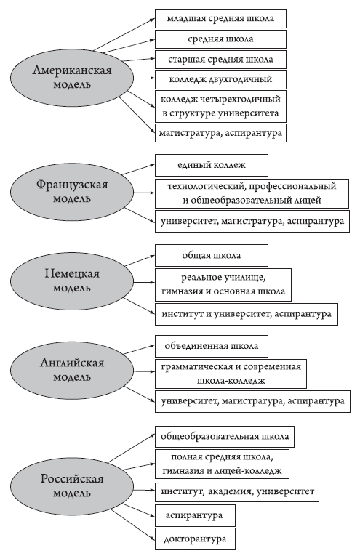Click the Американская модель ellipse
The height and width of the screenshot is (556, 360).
(x=72, y=78)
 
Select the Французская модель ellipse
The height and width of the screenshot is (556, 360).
(x=72, y=192)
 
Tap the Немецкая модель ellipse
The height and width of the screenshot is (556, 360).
(x=72, y=281)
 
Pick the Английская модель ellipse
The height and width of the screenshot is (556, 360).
(x=72, y=370)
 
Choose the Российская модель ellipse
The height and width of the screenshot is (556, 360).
(x=72, y=486)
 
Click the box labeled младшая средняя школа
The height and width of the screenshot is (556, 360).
(x=220, y=19)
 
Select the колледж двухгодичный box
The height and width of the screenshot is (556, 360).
(x=220, y=80)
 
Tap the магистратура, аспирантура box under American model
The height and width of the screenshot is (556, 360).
(x=220, y=133)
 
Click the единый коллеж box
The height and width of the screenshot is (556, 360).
(x=212, y=165)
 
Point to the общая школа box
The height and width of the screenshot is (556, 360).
(x=212, y=255)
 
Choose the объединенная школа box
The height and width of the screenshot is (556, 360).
(x=212, y=346)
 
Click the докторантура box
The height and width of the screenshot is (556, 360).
(x=195, y=539)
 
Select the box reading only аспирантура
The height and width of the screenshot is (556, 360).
(x=195, y=515)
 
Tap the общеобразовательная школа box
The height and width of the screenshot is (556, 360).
(x=225, y=437)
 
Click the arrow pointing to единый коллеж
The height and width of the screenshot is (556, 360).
(x=138, y=169)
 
